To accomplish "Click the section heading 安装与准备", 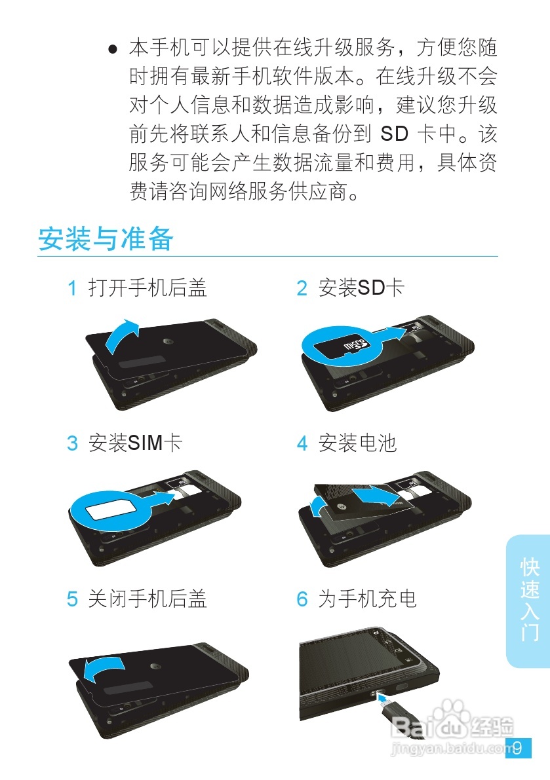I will pyautogui.click(x=106, y=239).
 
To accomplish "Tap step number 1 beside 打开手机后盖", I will pyautogui.click(x=73, y=288).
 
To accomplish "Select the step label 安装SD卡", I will pyautogui.click(x=361, y=288).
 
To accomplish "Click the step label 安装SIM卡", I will pyautogui.click(x=135, y=443).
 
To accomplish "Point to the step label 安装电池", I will pyautogui.click(x=357, y=443).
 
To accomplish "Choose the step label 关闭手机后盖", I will pyautogui.click(x=147, y=599).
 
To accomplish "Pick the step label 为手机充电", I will pyautogui.click(x=367, y=599).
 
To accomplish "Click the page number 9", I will pyautogui.click(x=517, y=748).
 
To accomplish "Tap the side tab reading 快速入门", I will pyautogui.click(x=529, y=599).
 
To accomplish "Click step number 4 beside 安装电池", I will pyautogui.click(x=302, y=443).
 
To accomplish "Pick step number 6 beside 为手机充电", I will pyautogui.click(x=302, y=599).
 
